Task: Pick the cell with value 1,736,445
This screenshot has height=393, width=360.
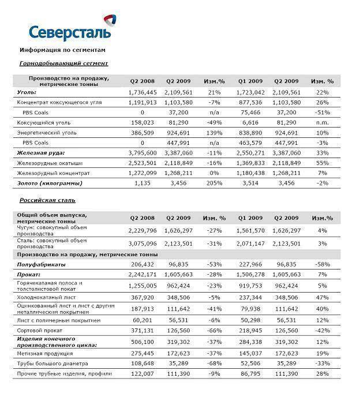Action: (141, 92)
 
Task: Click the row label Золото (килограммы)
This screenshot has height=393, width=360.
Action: (50, 183)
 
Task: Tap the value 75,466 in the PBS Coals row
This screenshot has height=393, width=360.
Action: (250, 113)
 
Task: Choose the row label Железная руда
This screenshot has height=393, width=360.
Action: (41, 153)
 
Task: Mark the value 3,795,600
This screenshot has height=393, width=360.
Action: (141, 153)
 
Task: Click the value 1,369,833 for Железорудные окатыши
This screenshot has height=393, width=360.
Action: (250, 163)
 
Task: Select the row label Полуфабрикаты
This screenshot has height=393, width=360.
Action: (42, 264)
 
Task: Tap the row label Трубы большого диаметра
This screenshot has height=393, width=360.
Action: (53, 364)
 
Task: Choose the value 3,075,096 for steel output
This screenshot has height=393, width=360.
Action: (141, 244)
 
